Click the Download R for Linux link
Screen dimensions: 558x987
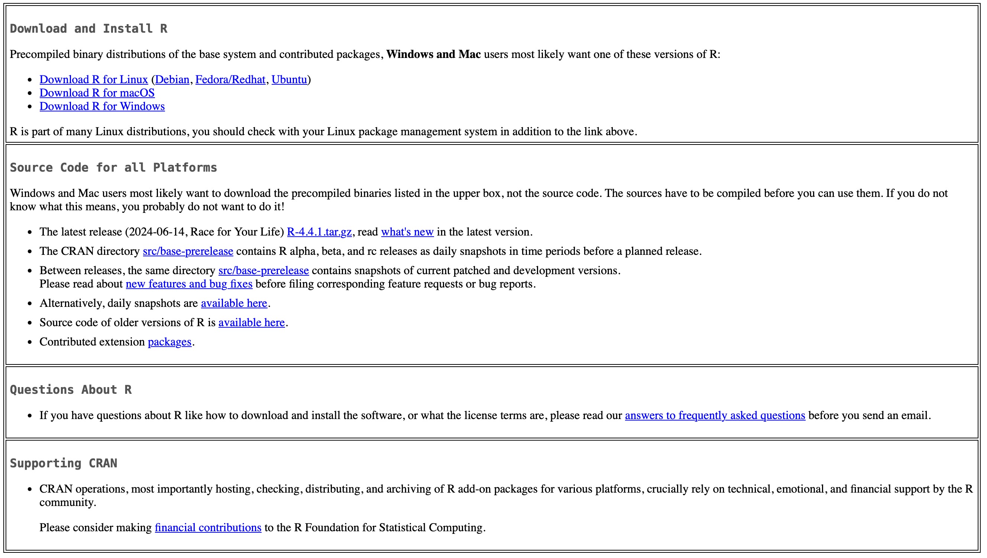point(94,80)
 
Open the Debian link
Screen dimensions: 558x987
point(172,80)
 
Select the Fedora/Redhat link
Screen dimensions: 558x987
point(230,80)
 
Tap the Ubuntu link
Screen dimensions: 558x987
point(289,80)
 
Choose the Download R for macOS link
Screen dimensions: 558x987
point(97,93)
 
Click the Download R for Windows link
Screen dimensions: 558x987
point(102,107)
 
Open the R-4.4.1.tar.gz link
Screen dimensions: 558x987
point(319,232)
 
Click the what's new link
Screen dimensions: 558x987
point(407,232)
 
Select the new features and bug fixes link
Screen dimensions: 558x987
point(189,284)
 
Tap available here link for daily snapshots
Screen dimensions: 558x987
point(234,304)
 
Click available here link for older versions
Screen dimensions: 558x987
point(252,323)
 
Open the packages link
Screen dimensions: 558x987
point(169,342)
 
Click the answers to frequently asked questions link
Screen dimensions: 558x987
point(715,416)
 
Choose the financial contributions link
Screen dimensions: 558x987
point(208,528)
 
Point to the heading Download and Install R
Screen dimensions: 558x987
point(88,29)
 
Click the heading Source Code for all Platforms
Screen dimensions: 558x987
point(113,168)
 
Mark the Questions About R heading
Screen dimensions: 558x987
point(71,390)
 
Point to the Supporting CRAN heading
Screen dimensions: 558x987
point(64,463)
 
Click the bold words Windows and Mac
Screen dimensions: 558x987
point(433,54)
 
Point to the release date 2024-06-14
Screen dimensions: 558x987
point(156,232)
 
